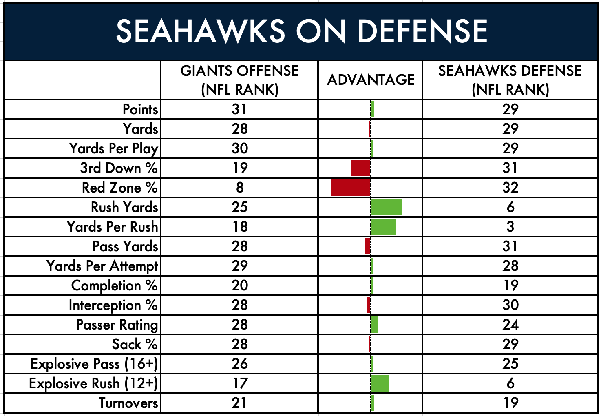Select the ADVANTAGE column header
click(371, 80)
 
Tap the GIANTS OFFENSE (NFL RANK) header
click(240, 80)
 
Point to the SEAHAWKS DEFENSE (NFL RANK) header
click(510, 80)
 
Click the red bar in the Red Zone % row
click(351, 188)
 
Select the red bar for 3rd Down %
click(360, 168)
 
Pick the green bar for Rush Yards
click(387, 207)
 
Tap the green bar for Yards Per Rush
click(383, 227)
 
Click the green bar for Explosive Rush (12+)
click(380, 383)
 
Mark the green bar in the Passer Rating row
click(374, 325)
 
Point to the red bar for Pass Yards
click(368, 246)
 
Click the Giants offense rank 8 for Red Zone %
click(240, 188)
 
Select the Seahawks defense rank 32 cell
click(510, 188)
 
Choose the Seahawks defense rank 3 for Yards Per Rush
click(510, 227)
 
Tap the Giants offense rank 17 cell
click(240, 383)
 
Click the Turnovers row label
click(128, 403)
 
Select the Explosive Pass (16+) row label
click(94, 364)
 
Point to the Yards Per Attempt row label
click(102, 266)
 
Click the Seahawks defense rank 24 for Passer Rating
click(510, 325)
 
